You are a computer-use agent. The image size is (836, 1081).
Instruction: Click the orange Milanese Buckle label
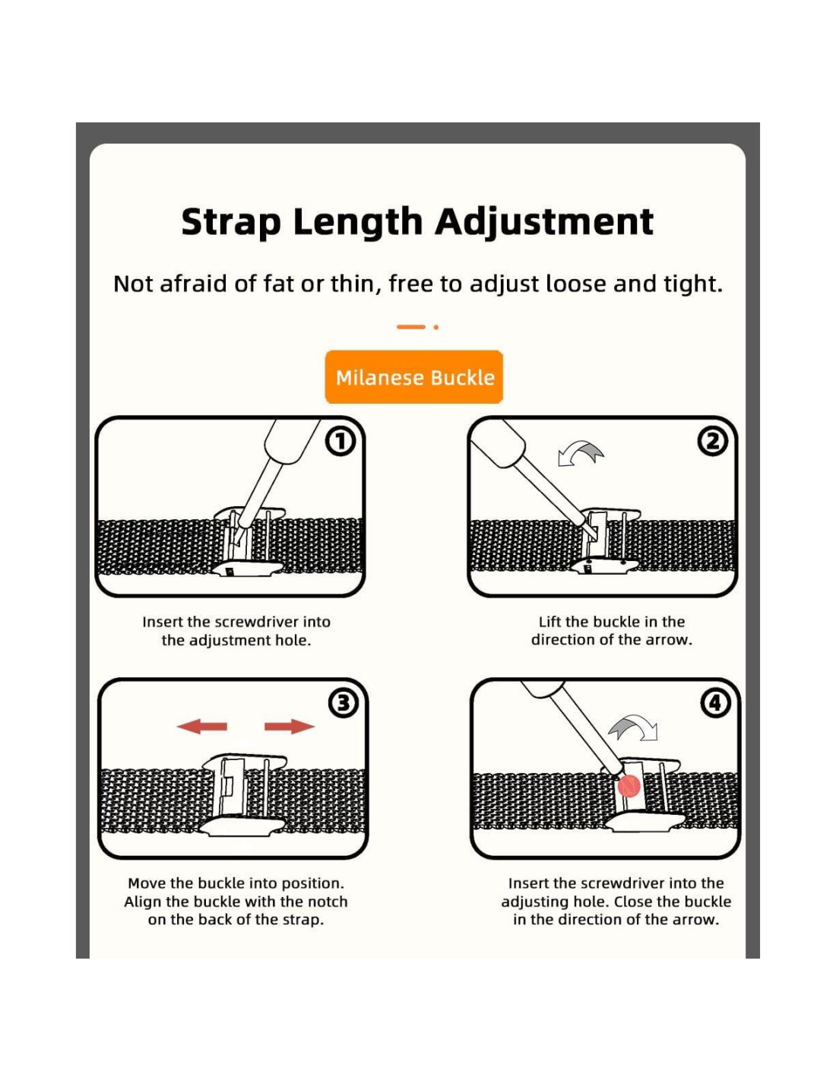tap(413, 377)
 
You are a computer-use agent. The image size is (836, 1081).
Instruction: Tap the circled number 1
tap(340, 442)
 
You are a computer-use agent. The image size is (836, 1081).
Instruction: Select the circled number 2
tap(714, 442)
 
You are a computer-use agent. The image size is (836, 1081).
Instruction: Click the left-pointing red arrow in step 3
tap(202, 726)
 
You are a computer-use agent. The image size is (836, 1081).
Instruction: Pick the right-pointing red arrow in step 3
tap(289, 726)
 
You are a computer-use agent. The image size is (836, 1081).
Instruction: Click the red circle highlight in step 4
tap(628, 786)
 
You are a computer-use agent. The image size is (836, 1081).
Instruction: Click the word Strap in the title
tap(231, 223)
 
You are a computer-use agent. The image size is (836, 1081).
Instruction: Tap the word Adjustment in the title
tap(544, 223)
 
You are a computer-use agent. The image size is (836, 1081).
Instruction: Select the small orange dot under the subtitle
tap(435, 327)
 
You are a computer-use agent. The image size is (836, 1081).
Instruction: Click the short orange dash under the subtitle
tap(411, 327)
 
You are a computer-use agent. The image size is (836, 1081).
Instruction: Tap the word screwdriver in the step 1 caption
tap(251, 622)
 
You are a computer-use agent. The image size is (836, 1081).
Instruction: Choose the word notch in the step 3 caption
tap(328, 902)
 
